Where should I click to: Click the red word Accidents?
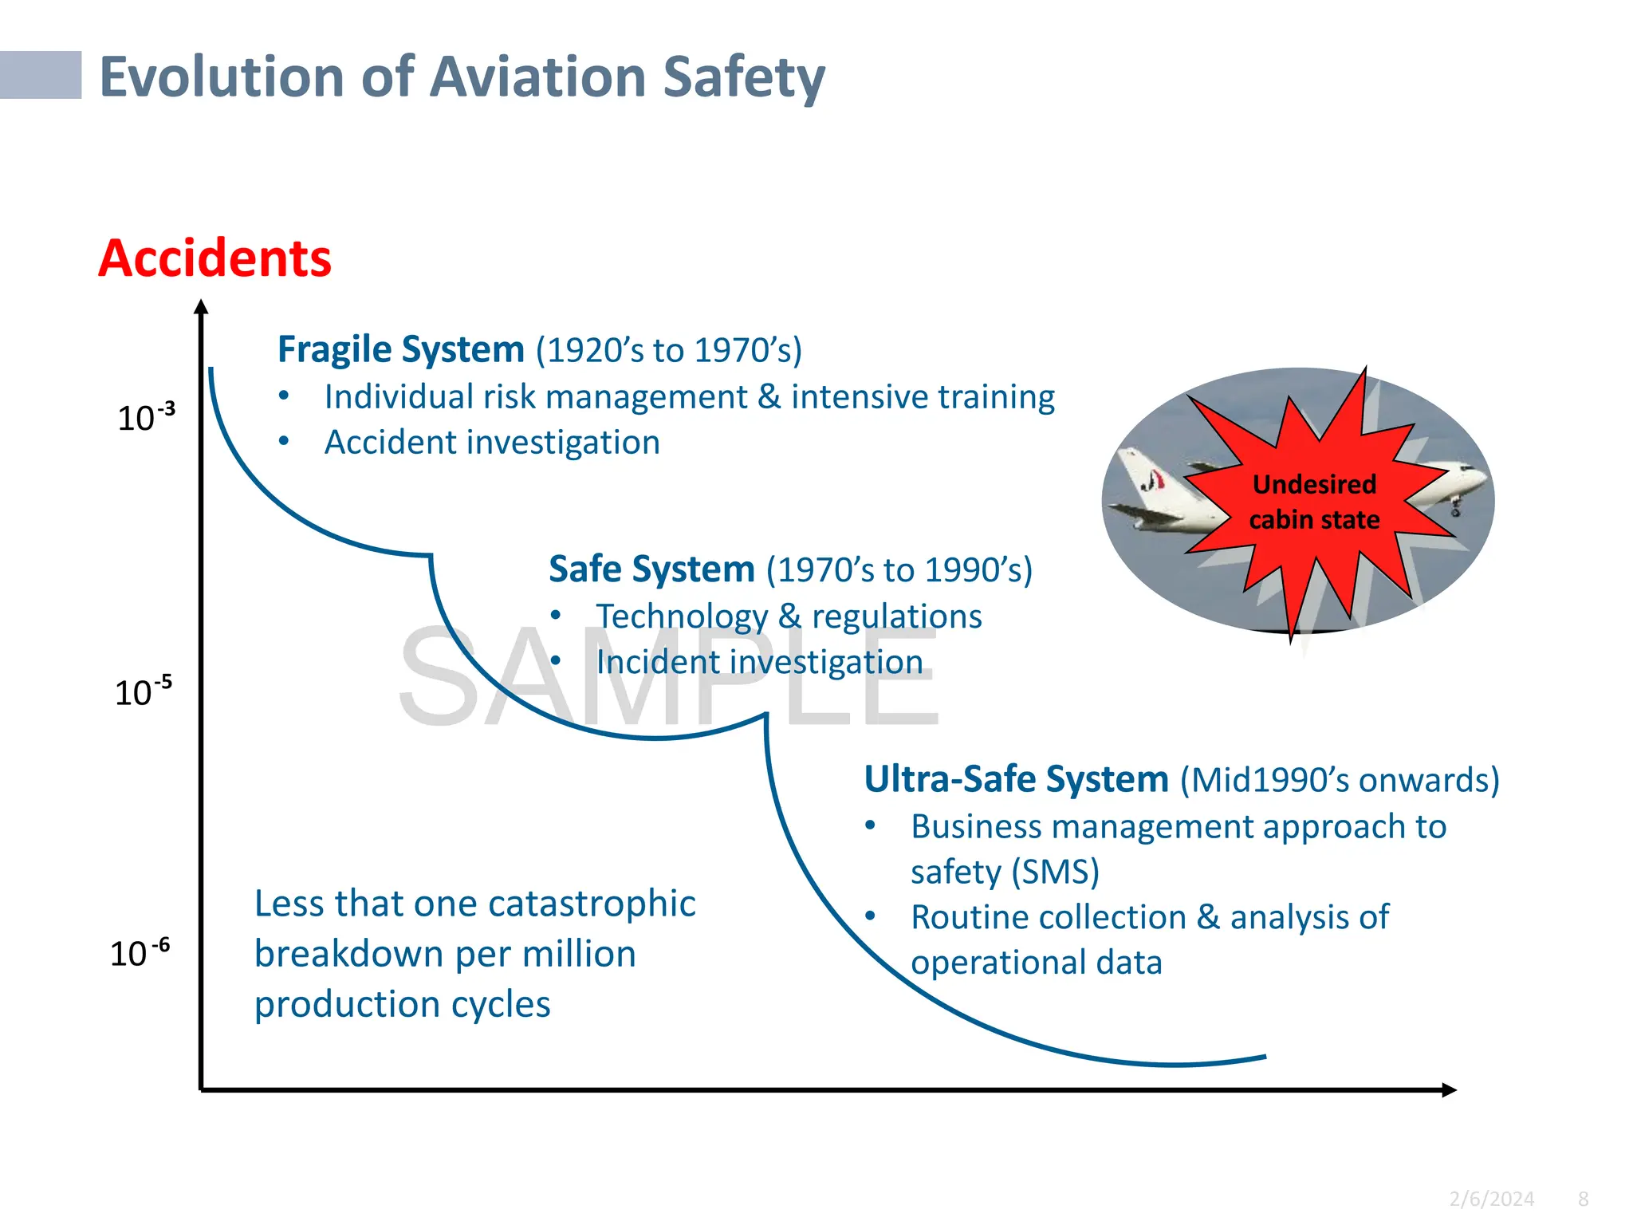(x=214, y=258)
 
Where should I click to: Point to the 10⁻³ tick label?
(x=145, y=417)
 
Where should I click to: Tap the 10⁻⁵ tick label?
(x=143, y=691)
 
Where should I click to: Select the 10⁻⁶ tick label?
(x=140, y=952)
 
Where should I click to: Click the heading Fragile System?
(x=400, y=350)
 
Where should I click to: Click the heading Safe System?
(x=651, y=569)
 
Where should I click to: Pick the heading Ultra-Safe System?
(x=1016, y=779)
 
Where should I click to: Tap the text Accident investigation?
(x=492, y=443)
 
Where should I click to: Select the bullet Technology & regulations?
(x=789, y=616)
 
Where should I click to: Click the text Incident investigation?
(x=759, y=662)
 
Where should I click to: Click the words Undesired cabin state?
(x=1314, y=502)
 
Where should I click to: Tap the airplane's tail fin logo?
(x=1153, y=479)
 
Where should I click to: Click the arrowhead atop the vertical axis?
(x=201, y=307)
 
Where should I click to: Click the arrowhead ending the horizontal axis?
(x=1449, y=1089)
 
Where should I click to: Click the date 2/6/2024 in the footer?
(x=1491, y=1199)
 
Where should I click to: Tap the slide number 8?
(x=1583, y=1199)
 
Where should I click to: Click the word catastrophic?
(x=592, y=904)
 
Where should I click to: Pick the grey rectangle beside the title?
(x=40, y=75)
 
